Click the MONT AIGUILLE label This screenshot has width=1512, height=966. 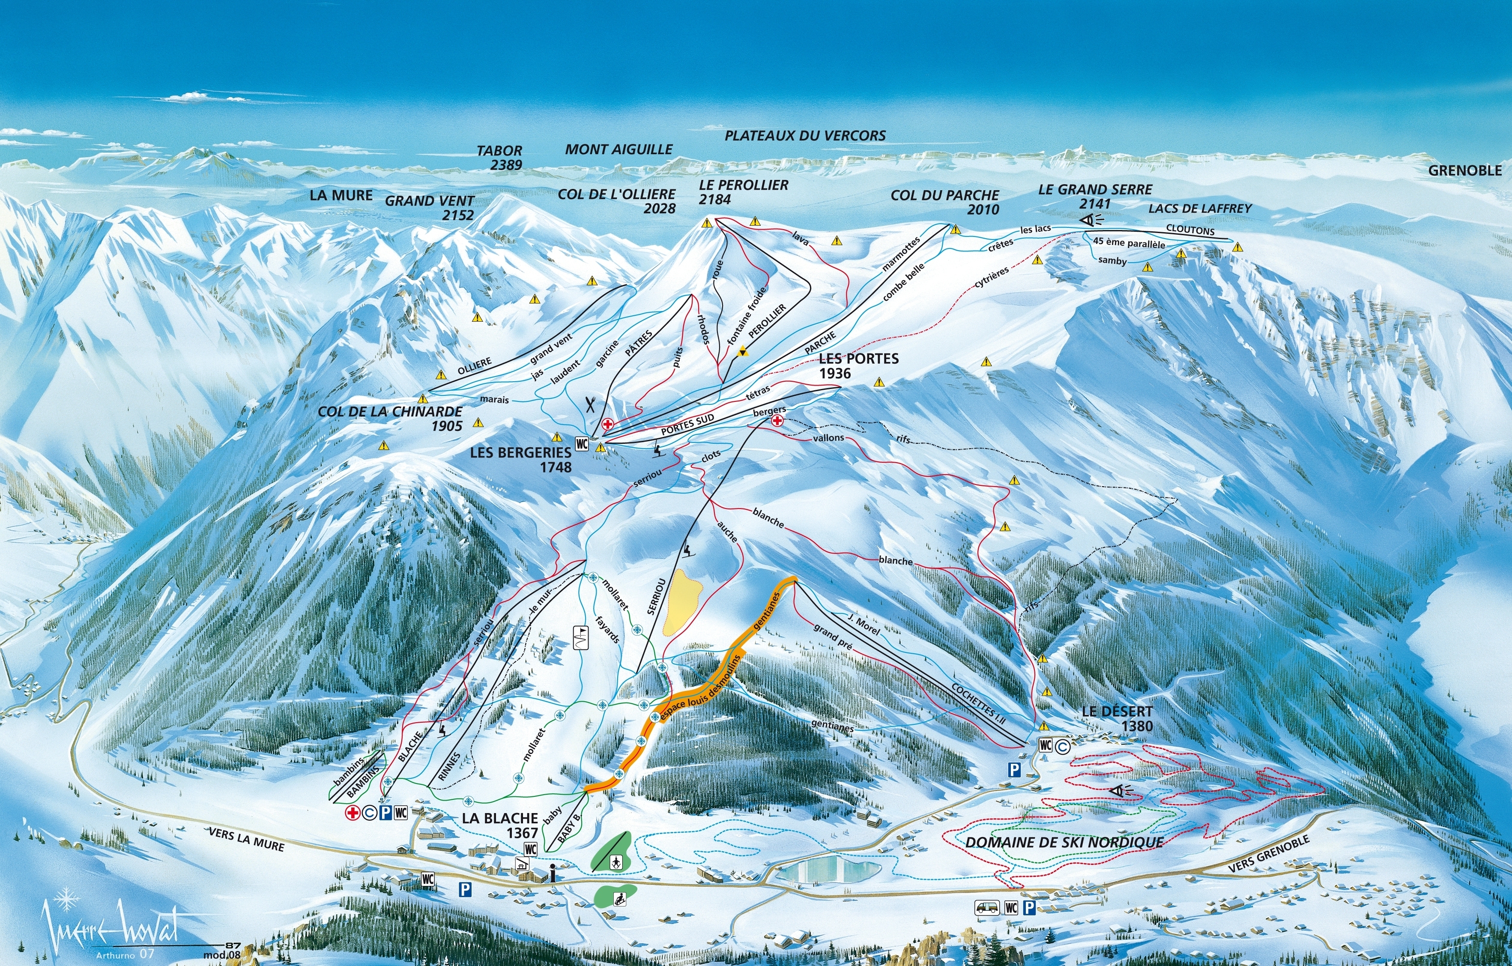(x=619, y=150)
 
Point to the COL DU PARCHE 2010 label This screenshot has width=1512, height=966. (x=944, y=202)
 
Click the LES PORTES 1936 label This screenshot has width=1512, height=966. (x=858, y=365)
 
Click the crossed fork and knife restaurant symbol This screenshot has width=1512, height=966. (x=590, y=404)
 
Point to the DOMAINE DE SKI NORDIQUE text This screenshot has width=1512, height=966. (x=1064, y=842)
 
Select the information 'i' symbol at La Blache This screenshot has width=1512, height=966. (x=551, y=873)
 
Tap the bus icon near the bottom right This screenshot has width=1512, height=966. (x=986, y=908)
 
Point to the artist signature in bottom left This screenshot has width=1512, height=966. (x=110, y=927)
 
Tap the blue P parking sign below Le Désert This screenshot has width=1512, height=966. (x=1013, y=769)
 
